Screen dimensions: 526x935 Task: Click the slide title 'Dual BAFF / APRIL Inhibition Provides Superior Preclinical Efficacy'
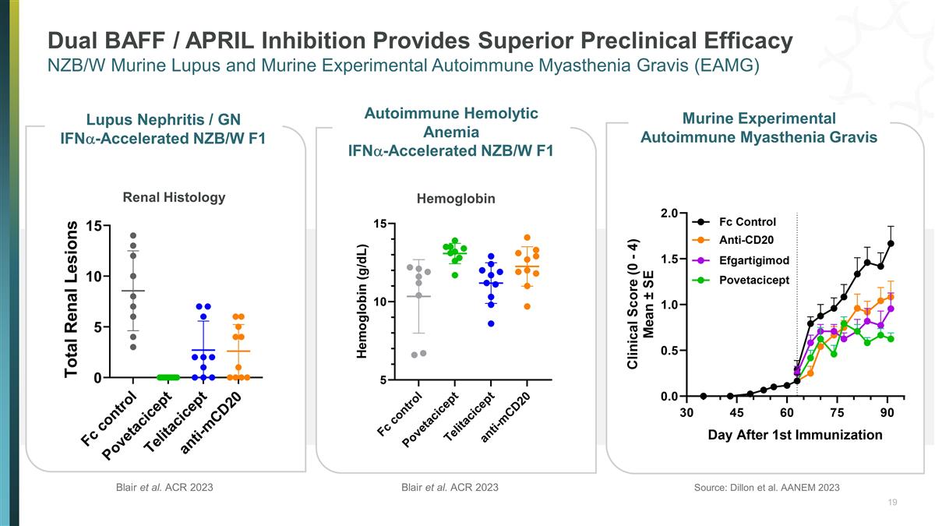click(x=420, y=40)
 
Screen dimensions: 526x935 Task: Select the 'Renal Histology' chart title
click(x=174, y=197)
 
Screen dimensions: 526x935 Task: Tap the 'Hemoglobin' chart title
click(x=456, y=199)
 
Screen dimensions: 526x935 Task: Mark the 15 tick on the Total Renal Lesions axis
click(x=93, y=226)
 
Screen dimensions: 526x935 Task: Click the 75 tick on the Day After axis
click(x=838, y=412)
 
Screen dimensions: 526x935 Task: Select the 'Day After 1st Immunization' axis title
click(x=795, y=435)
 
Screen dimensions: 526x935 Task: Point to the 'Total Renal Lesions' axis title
click(x=72, y=299)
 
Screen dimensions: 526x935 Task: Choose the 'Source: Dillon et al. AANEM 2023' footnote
click(x=766, y=488)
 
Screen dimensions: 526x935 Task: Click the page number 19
click(x=892, y=503)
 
